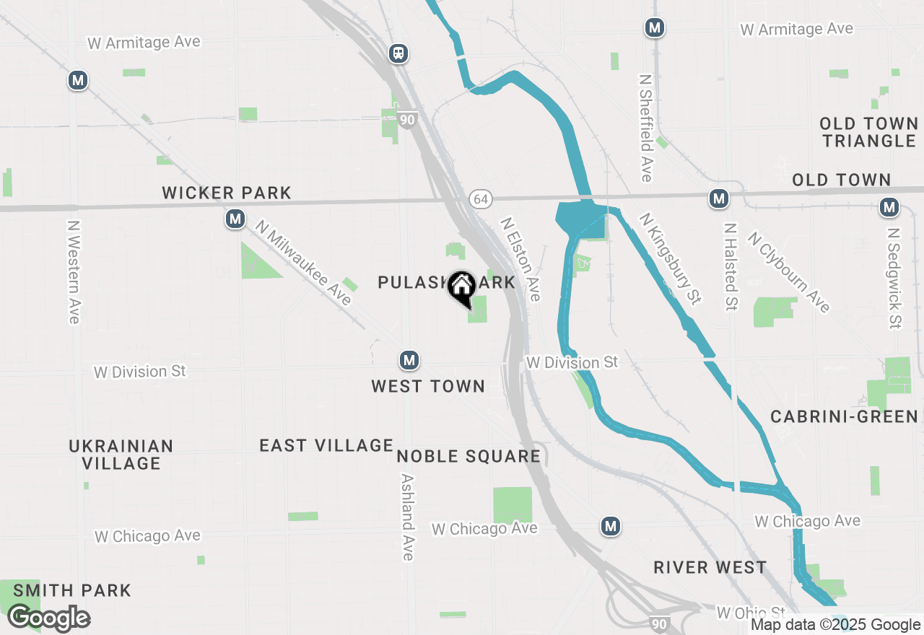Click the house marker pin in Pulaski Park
pos(461,287)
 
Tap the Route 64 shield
pos(480,198)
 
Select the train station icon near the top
pos(398,53)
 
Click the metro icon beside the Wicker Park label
pos(235,219)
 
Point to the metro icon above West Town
pos(409,360)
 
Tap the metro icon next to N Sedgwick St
pos(889,208)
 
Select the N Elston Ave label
pos(520,260)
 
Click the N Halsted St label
pos(731,266)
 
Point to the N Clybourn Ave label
pos(788,272)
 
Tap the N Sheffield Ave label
pos(645,127)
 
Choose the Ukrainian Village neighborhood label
pos(121,455)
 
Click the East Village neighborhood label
pos(326,445)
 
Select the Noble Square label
pos(468,456)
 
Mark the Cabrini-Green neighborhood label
pos(844,416)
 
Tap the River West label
pos(710,567)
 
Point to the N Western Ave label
pos(73,272)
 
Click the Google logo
pos(49,618)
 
